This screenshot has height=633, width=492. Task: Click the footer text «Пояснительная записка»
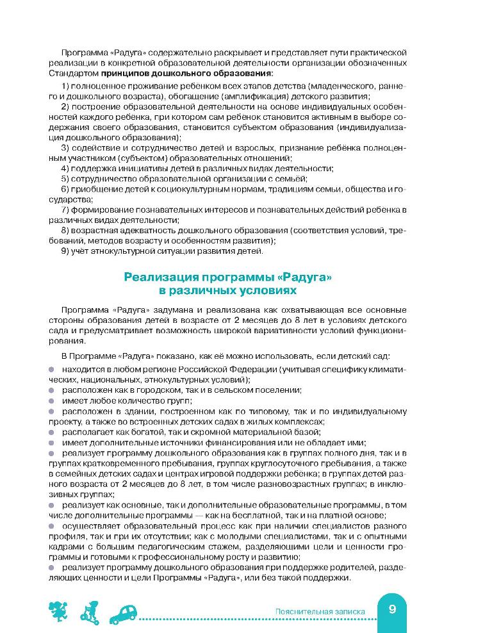click(319, 612)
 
